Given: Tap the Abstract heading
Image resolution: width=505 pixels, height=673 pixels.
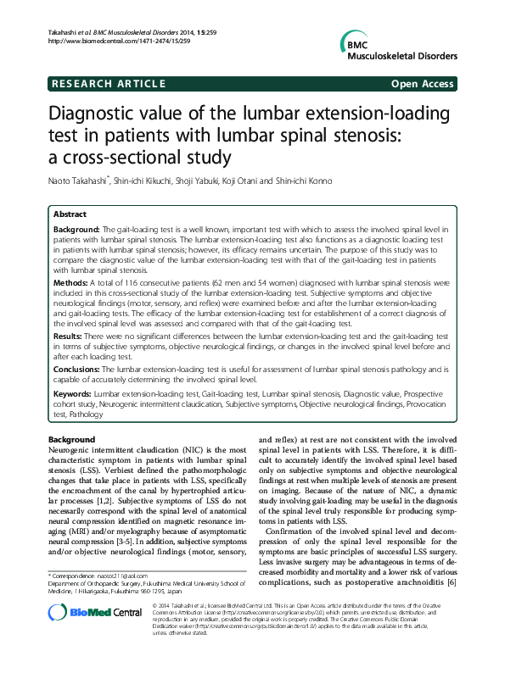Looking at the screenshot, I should click(x=71, y=215).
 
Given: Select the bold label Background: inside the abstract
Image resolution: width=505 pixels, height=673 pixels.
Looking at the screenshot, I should click(x=76, y=230).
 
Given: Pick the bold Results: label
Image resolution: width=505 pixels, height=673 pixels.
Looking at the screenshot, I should click(x=70, y=336).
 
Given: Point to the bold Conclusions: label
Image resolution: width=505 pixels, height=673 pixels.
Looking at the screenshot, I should click(x=77, y=370).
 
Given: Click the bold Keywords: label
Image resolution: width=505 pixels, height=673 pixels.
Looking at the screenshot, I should click(x=72, y=395).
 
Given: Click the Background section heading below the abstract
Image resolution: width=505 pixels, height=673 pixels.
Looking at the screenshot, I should click(x=71, y=440).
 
